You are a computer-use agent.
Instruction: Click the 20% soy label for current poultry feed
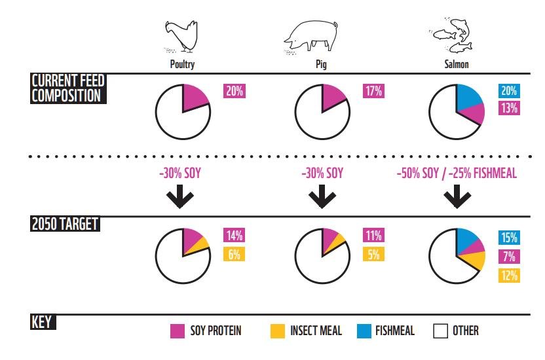tap(234, 92)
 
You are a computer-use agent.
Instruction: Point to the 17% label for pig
tap(373, 92)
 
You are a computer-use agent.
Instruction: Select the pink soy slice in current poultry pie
tap(195, 98)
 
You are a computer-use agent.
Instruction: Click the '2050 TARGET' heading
tap(64, 224)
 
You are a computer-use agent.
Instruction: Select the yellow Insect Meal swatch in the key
tap(278, 331)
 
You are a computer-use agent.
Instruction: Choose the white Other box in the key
tap(440, 331)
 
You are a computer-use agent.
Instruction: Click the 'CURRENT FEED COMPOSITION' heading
tap(69, 88)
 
